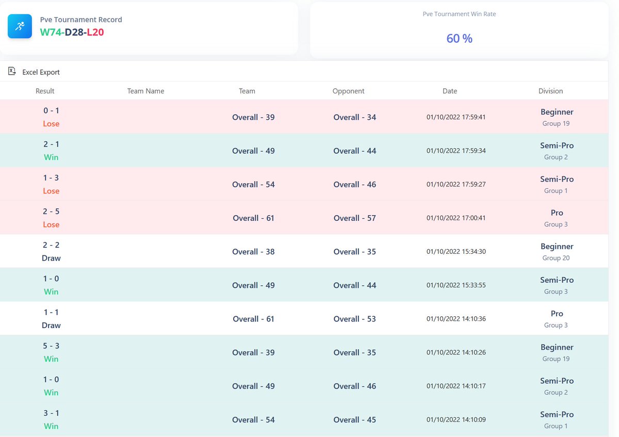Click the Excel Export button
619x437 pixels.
point(35,72)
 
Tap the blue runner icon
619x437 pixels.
point(20,26)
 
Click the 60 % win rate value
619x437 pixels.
point(459,39)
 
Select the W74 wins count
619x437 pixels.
point(51,32)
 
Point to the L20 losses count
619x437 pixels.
point(95,32)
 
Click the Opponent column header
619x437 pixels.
point(348,91)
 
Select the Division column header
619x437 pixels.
point(550,91)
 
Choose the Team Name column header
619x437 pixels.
point(145,91)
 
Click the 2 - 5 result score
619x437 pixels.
point(51,212)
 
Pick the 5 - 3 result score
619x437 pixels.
point(51,346)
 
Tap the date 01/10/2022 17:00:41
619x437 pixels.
point(456,218)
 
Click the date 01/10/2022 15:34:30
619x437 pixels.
point(456,252)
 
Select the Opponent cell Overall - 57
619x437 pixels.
point(354,218)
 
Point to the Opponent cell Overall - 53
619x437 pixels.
point(354,319)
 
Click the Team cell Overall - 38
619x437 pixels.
point(253,252)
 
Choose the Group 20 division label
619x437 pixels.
point(556,258)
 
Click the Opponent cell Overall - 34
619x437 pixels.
point(354,117)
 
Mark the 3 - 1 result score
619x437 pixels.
point(51,413)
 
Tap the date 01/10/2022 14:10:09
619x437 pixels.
point(456,420)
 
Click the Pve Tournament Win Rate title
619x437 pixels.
point(459,14)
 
